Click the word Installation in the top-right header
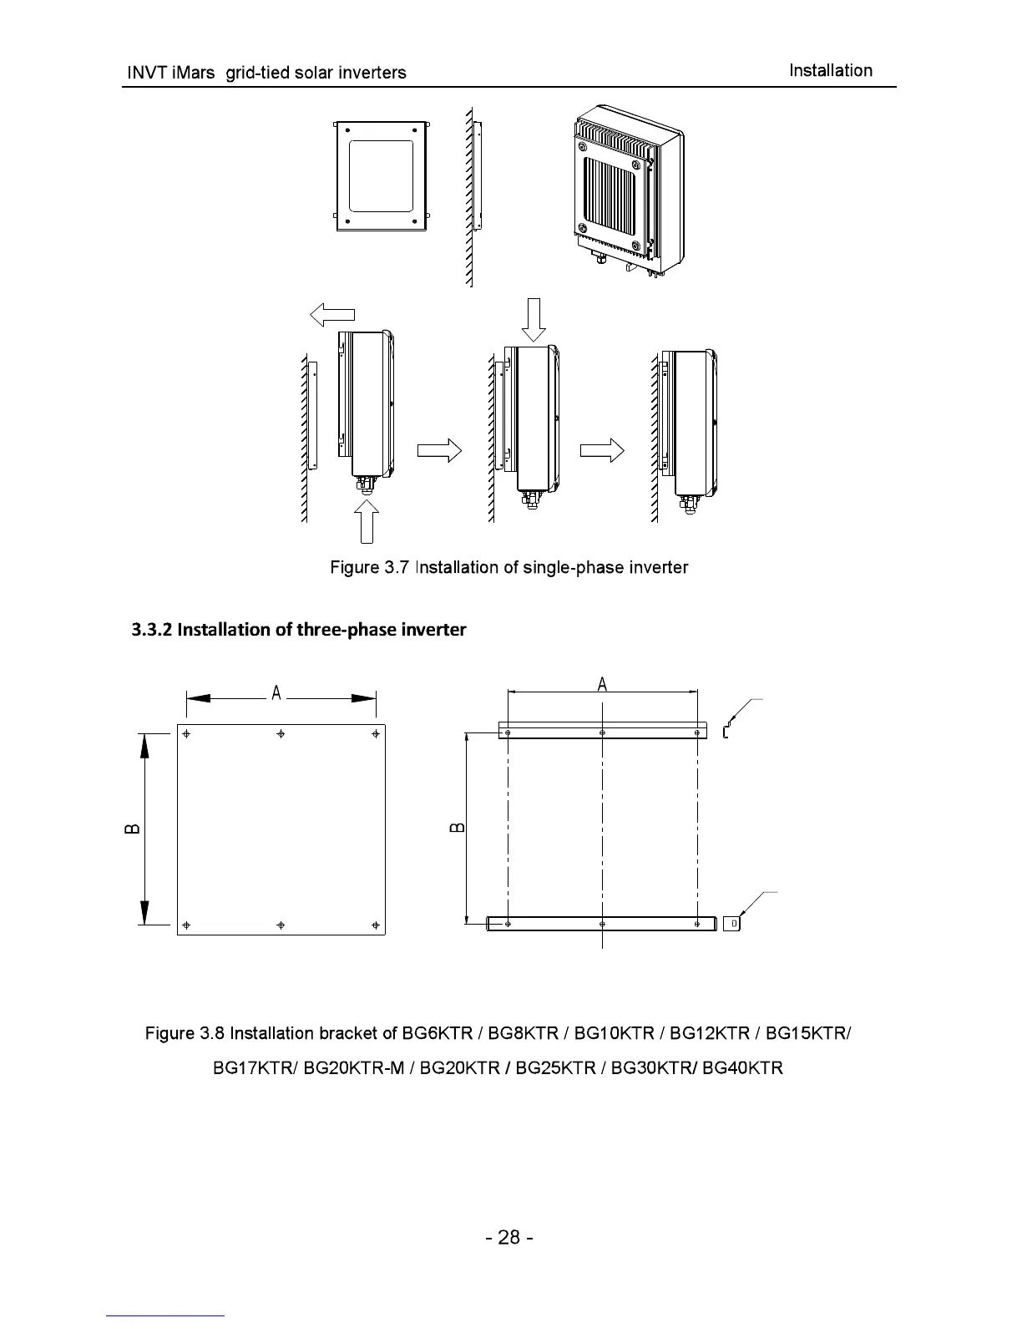[x=830, y=71]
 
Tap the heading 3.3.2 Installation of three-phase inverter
[x=299, y=629]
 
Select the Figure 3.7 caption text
[x=508, y=568]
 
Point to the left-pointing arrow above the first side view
[x=332, y=315]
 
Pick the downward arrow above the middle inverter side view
[x=534, y=320]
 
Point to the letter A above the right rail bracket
[x=602, y=685]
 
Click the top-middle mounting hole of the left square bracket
[x=281, y=733]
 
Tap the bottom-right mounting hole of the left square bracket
[x=376, y=925]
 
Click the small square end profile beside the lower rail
[x=732, y=923]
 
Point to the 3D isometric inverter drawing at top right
[x=629, y=192]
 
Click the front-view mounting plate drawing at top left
[x=381, y=176]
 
